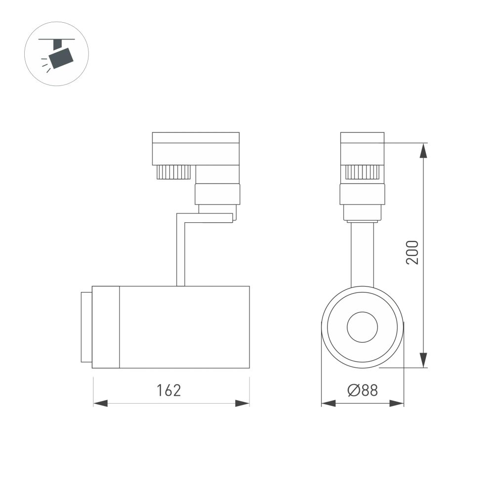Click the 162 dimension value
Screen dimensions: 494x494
[169, 390]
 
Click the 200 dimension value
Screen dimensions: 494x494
[412, 252]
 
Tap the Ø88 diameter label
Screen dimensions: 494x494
[363, 391]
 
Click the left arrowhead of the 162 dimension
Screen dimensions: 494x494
[101, 404]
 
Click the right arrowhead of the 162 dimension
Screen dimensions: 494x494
[242, 404]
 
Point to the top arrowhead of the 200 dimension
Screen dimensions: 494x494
[423, 150]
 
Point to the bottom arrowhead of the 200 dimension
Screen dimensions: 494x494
[423, 361]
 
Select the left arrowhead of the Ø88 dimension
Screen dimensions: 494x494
[329, 404]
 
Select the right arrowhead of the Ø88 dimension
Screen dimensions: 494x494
[397, 404]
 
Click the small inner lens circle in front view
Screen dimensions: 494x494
[362, 327]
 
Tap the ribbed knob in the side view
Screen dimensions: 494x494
[173, 172]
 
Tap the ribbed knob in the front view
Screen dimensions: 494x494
[362, 172]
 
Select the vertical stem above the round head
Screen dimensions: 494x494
[362, 254]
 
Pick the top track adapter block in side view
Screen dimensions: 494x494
[196, 148]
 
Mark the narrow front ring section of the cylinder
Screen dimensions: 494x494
[106, 327]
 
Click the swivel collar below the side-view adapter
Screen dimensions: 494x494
[217, 194]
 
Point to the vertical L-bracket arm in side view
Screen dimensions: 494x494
[181, 252]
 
